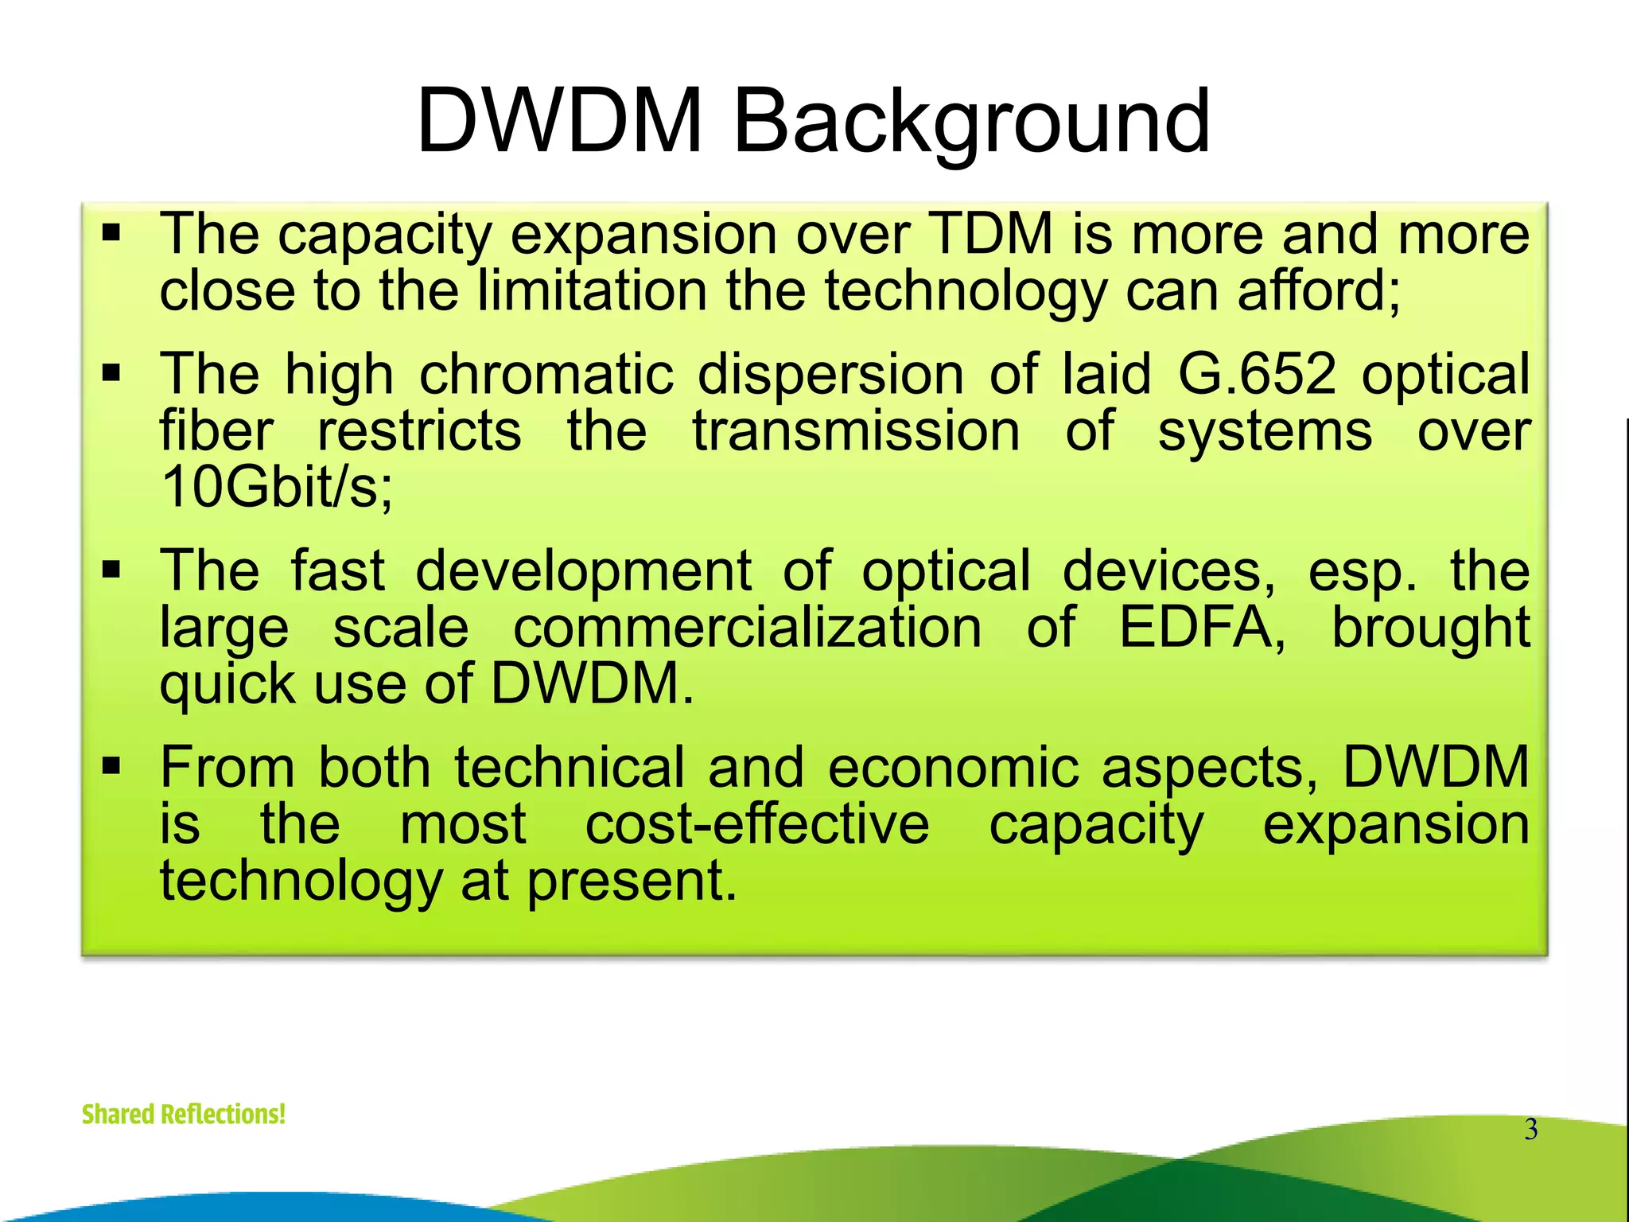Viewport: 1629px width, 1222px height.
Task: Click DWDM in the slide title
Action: [x=559, y=122]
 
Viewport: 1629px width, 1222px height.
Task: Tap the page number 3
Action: [x=1530, y=1130]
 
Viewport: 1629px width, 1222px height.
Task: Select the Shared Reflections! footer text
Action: [x=184, y=1114]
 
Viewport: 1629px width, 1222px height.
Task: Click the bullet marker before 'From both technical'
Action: [x=111, y=767]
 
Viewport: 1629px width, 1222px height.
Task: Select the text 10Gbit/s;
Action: [x=276, y=487]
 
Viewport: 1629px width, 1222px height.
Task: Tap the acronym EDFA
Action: [x=1202, y=628]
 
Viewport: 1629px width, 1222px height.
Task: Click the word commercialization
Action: [x=748, y=628]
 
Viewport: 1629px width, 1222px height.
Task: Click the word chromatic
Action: [x=546, y=374]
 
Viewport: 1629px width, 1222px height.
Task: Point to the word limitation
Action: [x=592, y=290]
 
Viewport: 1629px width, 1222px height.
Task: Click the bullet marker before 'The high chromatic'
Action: [x=111, y=373]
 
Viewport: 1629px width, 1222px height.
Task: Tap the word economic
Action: [x=953, y=768]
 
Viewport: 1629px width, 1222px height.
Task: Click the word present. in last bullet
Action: [x=632, y=881]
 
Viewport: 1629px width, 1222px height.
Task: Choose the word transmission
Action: [x=856, y=431]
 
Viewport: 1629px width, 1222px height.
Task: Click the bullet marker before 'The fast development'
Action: [x=111, y=570]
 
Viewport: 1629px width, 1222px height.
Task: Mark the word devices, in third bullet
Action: [x=1169, y=571]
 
